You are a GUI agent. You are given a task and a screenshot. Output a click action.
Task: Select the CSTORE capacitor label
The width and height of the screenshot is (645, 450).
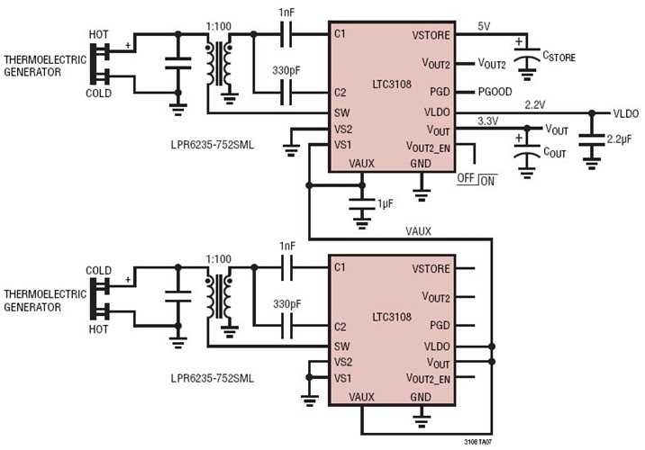pyautogui.click(x=559, y=57)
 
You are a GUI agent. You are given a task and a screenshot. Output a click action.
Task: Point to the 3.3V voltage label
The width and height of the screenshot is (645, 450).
pyautogui.click(x=487, y=121)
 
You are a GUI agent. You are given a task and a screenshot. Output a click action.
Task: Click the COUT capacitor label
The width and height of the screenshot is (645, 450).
pyautogui.click(x=556, y=153)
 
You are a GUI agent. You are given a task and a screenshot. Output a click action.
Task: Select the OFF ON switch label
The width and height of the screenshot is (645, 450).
pyautogui.click(x=477, y=180)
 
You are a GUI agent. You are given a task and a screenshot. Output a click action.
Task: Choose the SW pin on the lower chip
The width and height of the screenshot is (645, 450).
pyautogui.click(x=341, y=346)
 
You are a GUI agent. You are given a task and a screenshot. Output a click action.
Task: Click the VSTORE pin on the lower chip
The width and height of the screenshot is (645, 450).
pyautogui.click(x=432, y=268)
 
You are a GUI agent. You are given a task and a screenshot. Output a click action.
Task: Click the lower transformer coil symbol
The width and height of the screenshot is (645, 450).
pyautogui.click(x=219, y=296)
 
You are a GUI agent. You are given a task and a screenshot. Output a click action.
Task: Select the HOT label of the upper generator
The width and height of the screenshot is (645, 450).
pyautogui.click(x=98, y=34)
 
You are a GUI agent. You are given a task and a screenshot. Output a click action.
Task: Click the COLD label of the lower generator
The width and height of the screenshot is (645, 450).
pyautogui.click(x=98, y=270)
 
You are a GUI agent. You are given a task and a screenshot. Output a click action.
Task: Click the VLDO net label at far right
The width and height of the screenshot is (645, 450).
pyautogui.click(x=626, y=113)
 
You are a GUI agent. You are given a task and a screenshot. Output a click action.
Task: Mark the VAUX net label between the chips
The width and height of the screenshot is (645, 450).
pyautogui.click(x=417, y=231)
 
